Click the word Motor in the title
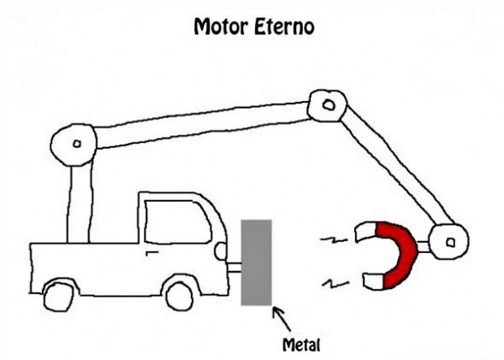pyautogui.click(x=221, y=27)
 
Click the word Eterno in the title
pyautogui.click(x=284, y=27)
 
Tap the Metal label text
pyautogui.click(x=301, y=345)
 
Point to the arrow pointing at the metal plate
pyautogui.click(x=282, y=319)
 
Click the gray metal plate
pyautogui.click(x=257, y=263)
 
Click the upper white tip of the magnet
pyautogui.click(x=365, y=232)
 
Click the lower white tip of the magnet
pyautogui.click(x=373, y=281)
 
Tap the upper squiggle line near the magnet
pyautogui.click(x=334, y=239)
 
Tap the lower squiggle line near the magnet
pyautogui.click(x=336, y=283)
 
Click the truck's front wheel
pyautogui.click(x=180, y=296)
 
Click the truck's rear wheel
pyautogui.click(x=58, y=297)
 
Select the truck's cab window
pyautogui.click(x=177, y=221)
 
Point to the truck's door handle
pyautogui.click(x=151, y=253)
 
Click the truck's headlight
pyautogui.click(x=221, y=251)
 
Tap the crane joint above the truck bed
pyautogui.click(x=74, y=145)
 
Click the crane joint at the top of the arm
pyautogui.click(x=327, y=106)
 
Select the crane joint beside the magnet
pyautogui.click(x=449, y=241)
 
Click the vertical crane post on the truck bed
pyautogui.click(x=80, y=203)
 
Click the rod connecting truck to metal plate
pyautogui.click(x=234, y=268)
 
